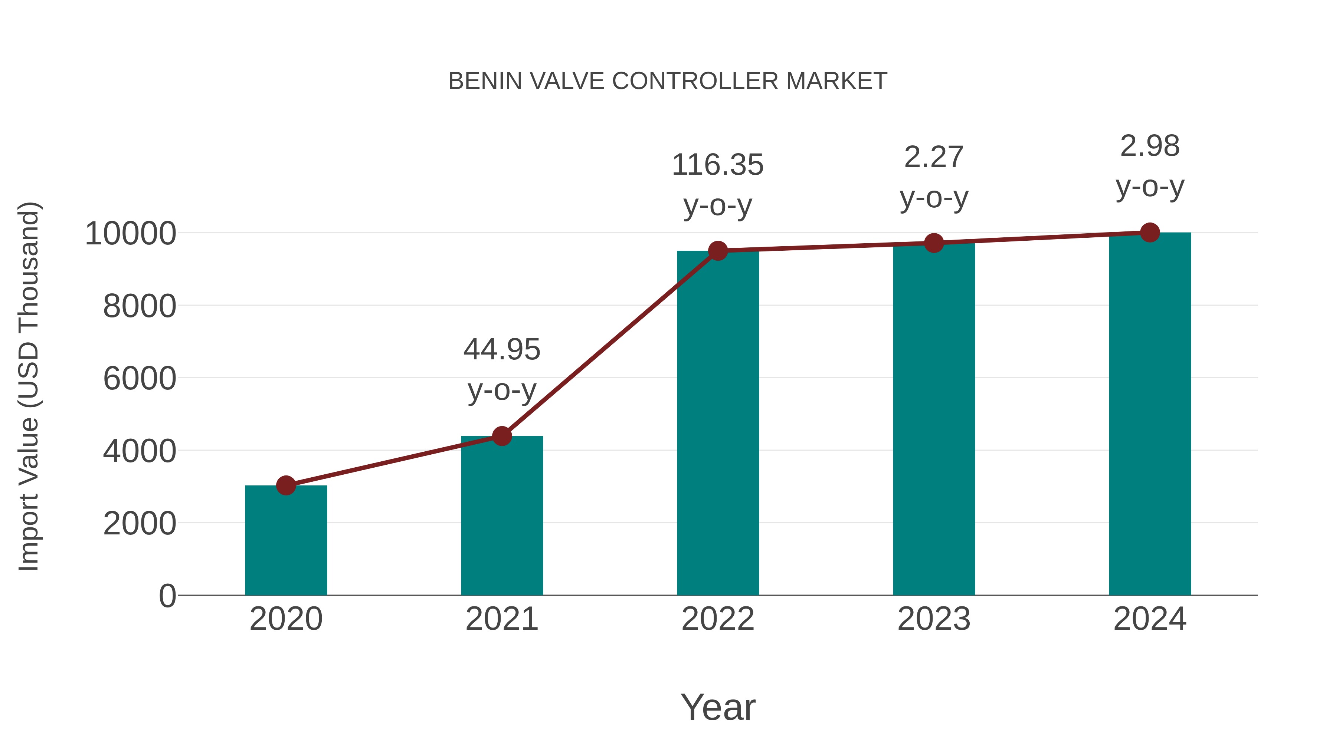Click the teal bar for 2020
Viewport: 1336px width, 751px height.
286,541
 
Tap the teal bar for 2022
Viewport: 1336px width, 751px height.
718,425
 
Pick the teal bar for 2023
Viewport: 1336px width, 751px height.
934,420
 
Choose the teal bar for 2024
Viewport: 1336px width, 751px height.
1150,415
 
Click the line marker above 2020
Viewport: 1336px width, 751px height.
286,485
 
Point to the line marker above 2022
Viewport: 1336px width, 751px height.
718,251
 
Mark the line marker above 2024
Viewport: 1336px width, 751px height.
1150,233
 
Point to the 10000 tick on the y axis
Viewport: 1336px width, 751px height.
130,234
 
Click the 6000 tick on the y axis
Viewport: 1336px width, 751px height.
140,378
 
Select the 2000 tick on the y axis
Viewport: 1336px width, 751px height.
140,523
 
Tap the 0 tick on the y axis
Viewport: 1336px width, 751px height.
167,596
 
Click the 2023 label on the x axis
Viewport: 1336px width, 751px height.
934,619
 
